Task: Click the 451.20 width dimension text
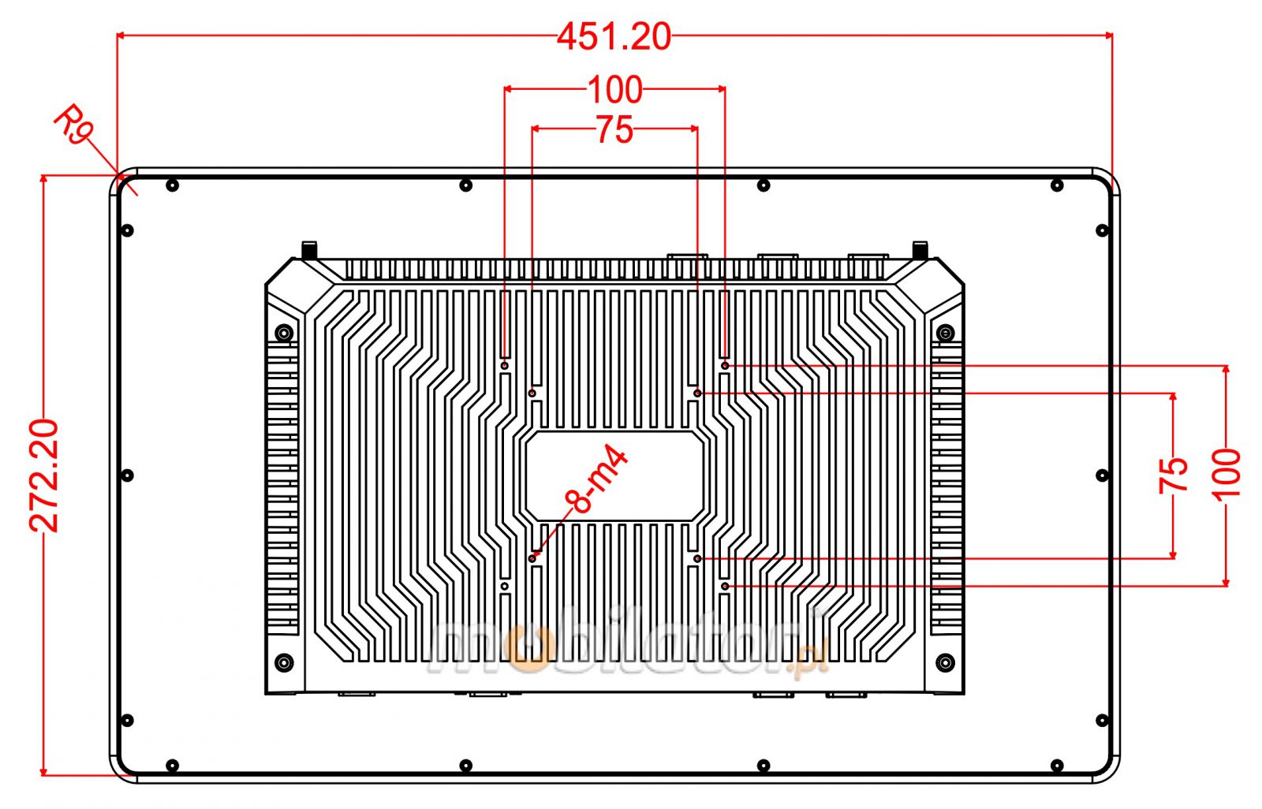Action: click(614, 36)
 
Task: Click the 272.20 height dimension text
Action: click(45, 475)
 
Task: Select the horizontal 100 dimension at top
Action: click(615, 90)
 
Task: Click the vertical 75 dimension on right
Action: click(1174, 475)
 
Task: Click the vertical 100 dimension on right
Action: click(1227, 475)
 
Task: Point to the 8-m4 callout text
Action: click(596, 481)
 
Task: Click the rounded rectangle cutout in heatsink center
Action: click(614, 475)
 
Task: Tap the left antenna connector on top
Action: click(310, 250)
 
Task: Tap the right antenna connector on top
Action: click(919, 250)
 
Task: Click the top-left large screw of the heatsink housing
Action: click(284, 333)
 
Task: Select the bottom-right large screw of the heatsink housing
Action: click(945, 662)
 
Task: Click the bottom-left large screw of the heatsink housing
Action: click(284, 662)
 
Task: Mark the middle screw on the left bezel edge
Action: click(128, 475)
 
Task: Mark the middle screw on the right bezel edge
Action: click(1102, 475)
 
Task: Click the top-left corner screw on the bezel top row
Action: click(173, 186)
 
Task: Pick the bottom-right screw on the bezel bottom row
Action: click(1057, 766)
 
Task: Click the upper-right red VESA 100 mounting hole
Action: click(725, 365)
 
